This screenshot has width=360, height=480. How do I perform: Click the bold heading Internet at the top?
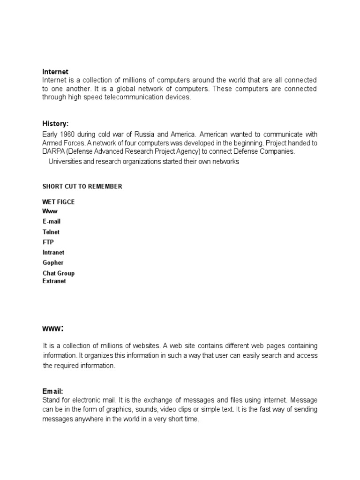[55, 72]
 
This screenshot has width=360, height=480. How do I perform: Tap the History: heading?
[55, 124]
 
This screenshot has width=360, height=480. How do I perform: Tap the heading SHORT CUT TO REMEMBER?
[82, 187]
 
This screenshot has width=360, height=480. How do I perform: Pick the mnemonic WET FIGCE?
[59, 202]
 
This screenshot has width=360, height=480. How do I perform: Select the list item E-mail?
[52, 221]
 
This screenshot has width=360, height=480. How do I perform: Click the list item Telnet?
[51, 232]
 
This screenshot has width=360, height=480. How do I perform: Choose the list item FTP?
[48, 242]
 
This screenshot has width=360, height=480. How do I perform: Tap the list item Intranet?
[53, 253]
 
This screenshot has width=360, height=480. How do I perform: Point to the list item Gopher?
[53, 263]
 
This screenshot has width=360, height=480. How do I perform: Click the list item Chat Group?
[59, 273]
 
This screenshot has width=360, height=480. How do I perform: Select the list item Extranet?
[54, 281]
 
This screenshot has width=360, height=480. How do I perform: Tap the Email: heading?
[52, 391]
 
